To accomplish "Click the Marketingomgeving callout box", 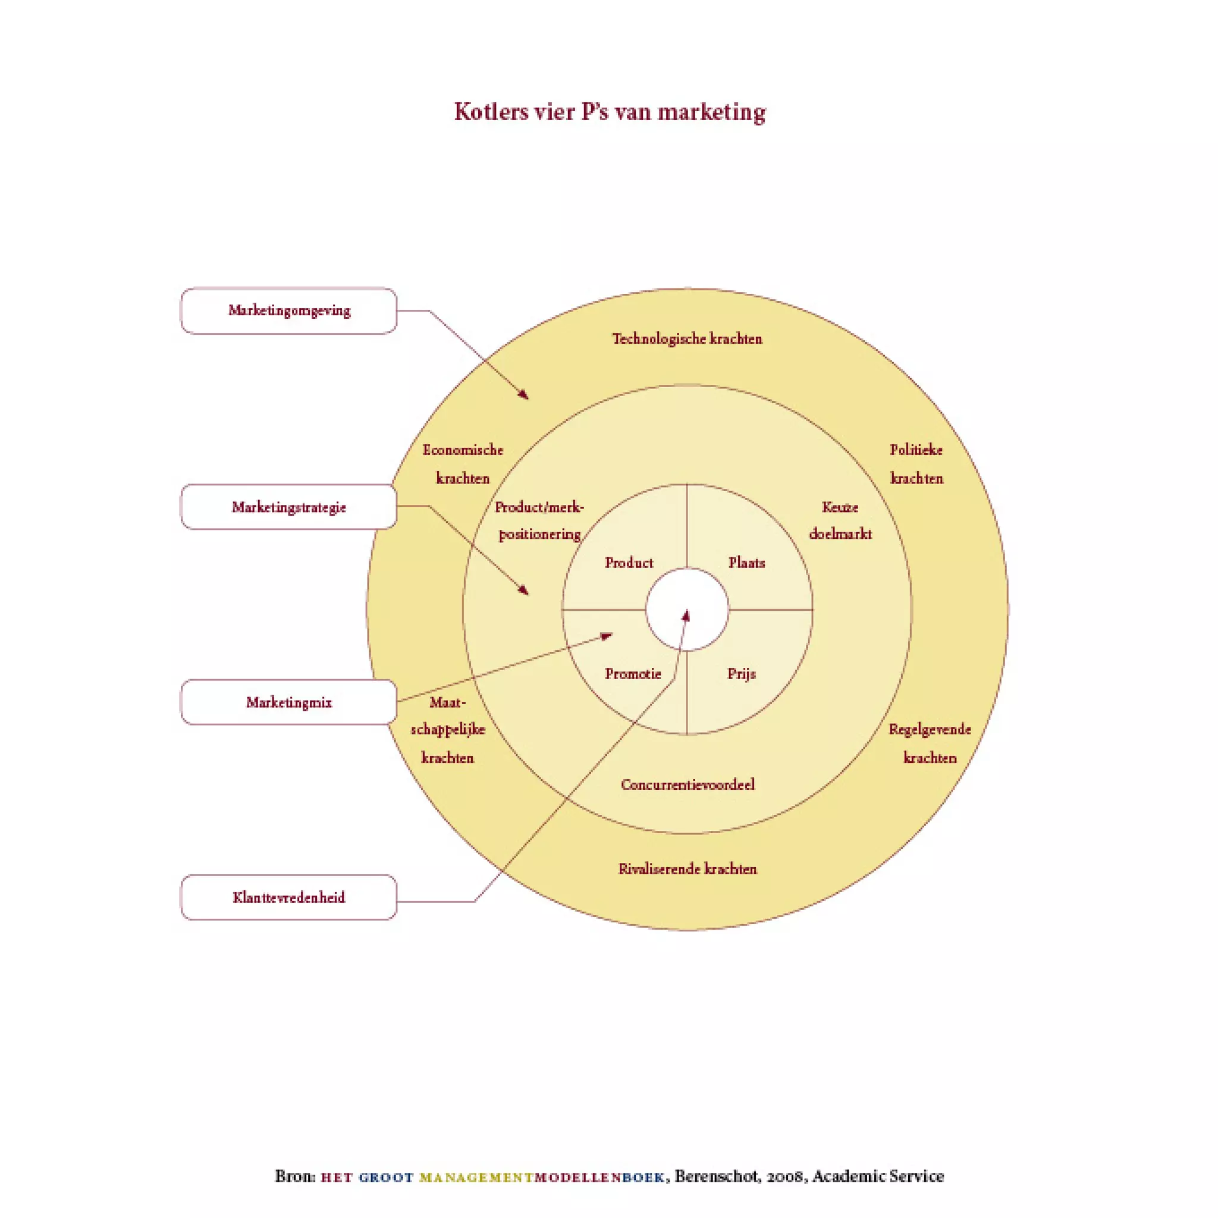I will pos(288,311).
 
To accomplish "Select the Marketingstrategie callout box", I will pos(288,507).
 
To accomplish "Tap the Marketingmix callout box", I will pos(288,702).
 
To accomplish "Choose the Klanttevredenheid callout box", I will pos(288,897).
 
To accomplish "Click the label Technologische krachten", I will pos(687,339).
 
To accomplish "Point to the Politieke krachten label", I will pos(916,464).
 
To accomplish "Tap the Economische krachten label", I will pos(463,464).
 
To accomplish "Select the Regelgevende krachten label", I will pos(930,743).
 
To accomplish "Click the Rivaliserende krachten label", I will pos(687,869).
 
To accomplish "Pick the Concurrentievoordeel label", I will pos(687,785).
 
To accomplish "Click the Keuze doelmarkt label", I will pos(840,521).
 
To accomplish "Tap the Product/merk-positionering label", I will pos(539,521).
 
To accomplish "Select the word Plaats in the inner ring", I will pos(746,563).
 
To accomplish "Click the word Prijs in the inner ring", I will pos(742,674).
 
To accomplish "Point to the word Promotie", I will pos(633,674).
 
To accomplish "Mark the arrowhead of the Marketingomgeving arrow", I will pos(524,395).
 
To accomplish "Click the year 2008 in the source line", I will pos(785,1176).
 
